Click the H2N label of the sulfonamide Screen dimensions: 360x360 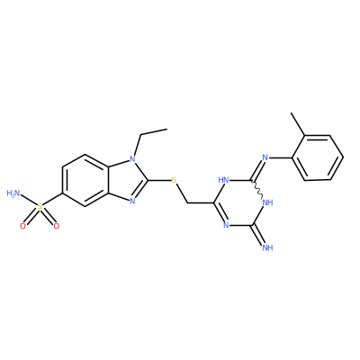(13, 193)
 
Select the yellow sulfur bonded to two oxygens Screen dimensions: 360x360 (40, 206)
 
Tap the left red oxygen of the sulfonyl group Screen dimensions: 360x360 (23, 226)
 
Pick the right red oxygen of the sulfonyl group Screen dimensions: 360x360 (56, 226)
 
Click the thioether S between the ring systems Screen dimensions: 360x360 (174, 180)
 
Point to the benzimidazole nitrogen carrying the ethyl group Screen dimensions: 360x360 (133, 157)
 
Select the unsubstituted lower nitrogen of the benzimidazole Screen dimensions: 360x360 (133, 202)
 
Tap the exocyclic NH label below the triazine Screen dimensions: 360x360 (267, 247)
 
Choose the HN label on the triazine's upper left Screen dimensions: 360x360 (224, 180)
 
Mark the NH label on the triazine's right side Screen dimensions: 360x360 (267, 202)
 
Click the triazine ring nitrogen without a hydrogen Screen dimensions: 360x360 (226, 225)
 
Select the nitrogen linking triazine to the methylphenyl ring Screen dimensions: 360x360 (265, 157)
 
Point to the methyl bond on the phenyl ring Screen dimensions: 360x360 (298, 124)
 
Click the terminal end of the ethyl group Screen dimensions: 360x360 (166, 130)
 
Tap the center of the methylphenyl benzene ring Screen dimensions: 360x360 (318, 157)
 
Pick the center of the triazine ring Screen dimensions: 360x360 (239, 202)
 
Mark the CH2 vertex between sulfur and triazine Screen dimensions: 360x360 (188, 203)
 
